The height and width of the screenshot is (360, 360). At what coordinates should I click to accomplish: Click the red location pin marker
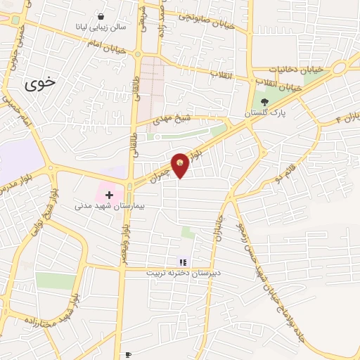coord(181,164)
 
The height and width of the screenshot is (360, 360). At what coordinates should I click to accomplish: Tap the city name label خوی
coord(39,84)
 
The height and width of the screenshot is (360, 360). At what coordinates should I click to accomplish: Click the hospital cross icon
coord(109,193)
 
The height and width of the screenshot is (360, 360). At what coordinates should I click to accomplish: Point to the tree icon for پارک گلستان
coord(264,101)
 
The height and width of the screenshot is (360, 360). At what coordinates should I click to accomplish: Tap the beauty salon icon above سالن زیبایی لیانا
coord(102,15)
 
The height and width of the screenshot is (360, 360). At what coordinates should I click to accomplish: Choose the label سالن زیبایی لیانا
coord(102,27)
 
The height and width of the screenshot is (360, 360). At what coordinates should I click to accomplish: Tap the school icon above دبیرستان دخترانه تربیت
coord(183,262)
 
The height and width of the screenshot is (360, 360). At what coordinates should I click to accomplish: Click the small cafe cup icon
coord(127,355)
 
